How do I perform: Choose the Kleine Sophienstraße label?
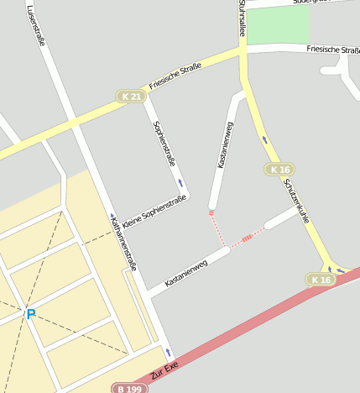(x=154, y=212)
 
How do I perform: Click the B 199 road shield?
(x=123, y=388)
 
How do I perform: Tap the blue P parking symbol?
(x=31, y=314)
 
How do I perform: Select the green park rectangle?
(x=279, y=25)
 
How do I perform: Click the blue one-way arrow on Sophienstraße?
(x=180, y=182)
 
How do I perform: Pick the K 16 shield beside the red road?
(x=321, y=280)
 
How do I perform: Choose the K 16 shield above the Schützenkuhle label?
(x=279, y=170)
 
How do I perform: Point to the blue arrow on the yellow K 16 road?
(x=266, y=139)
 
